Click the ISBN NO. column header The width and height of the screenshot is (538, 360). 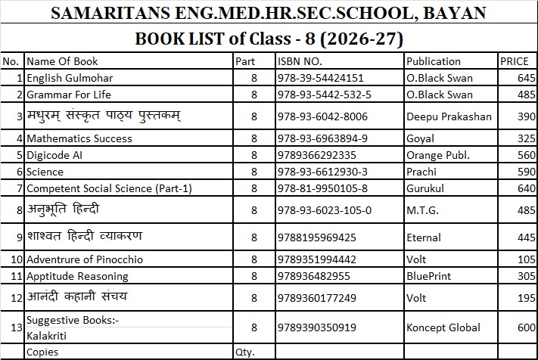click(x=300, y=61)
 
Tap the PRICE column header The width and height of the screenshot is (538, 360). click(x=514, y=61)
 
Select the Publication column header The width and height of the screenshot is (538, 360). click(x=433, y=61)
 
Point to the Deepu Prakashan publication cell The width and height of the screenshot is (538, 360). click(x=449, y=116)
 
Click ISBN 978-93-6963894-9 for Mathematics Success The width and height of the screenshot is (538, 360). click(x=323, y=138)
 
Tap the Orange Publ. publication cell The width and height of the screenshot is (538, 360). click(x=438, y=155)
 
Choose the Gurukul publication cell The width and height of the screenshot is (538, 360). click(x=425, y=188)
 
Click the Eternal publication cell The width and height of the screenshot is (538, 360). click(x=424, y=237)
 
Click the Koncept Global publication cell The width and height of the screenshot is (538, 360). click(x=443, y=327)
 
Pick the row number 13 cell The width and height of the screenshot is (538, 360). click(x=13, y=327)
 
